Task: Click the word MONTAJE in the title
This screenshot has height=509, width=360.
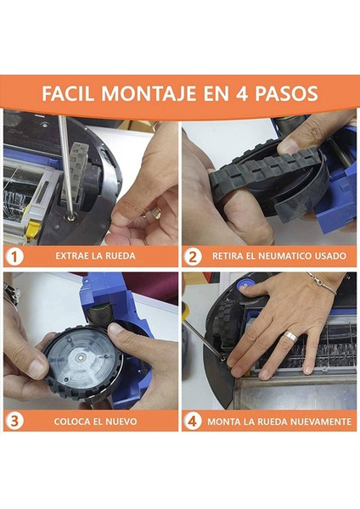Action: [x=148, y=93]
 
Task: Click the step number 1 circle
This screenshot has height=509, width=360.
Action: [x=14, y=257]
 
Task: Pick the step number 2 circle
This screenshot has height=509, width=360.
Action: [x=193, y=257]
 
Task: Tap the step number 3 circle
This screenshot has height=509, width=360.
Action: [x=14, y=422]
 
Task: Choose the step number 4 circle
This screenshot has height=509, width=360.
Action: [x=193, y=422]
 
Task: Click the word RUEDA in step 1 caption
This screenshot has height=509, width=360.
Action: [x=121, y=256]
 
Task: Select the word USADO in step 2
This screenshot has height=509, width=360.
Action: [x=330, y=256]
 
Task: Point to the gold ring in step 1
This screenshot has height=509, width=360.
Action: [x=156, y=212]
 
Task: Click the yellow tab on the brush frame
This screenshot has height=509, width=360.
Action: [x=31, y=228]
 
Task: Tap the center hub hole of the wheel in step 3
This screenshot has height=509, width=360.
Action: [x=79, y=358]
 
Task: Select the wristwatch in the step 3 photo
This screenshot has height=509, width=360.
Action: [x=11, y=294]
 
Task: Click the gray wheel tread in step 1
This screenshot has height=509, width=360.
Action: [x=76, y=171]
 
